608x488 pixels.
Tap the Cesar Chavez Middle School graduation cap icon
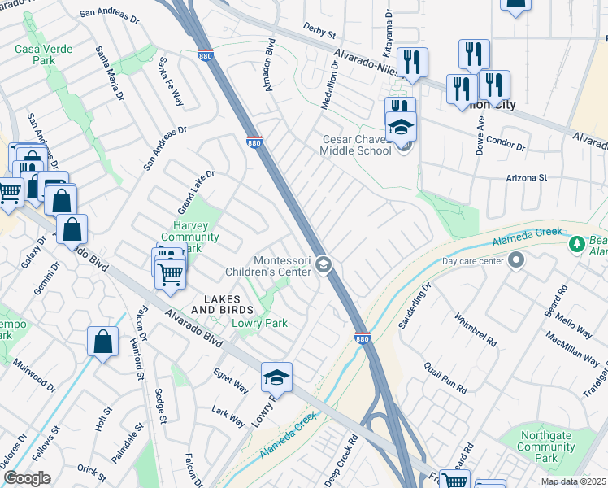point(401,128)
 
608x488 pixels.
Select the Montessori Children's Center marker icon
point(324,264)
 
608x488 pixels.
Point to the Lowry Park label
point(260,323)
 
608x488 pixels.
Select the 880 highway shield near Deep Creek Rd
point(363,338)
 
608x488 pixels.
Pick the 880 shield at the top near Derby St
point(205,54)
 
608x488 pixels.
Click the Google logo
point(27,478)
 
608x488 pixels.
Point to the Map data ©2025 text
point(571,481)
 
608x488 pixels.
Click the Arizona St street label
point(529,177)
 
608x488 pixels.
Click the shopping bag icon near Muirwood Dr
point(103,342)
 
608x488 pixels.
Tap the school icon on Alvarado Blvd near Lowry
point(276,377)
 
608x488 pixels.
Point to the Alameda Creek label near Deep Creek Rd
point(287,438)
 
